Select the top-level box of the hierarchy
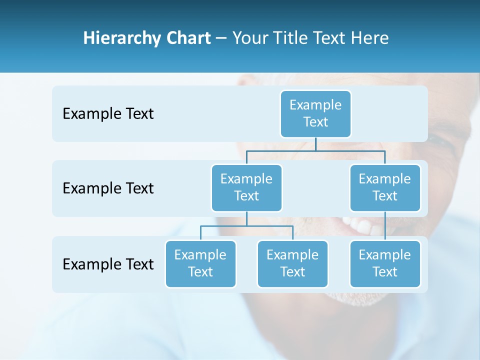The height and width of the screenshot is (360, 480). point(315,113)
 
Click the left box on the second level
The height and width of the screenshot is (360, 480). point(246,187)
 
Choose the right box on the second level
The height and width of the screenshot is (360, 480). point(385,187)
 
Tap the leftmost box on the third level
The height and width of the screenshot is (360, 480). point(200,263)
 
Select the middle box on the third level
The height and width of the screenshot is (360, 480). point(292,263)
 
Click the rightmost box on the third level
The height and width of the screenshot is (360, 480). point(385,263)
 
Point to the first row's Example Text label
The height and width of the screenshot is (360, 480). point(108,114)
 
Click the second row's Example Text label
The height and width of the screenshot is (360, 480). point(108,188)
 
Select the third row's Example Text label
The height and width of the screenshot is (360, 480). point(108,264)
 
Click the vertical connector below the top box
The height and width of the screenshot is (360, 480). point(315,144)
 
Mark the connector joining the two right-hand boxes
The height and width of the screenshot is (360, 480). point(385,225)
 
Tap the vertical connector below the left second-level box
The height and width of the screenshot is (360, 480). point(246,219)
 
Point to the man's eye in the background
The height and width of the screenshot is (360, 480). point(442,142)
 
